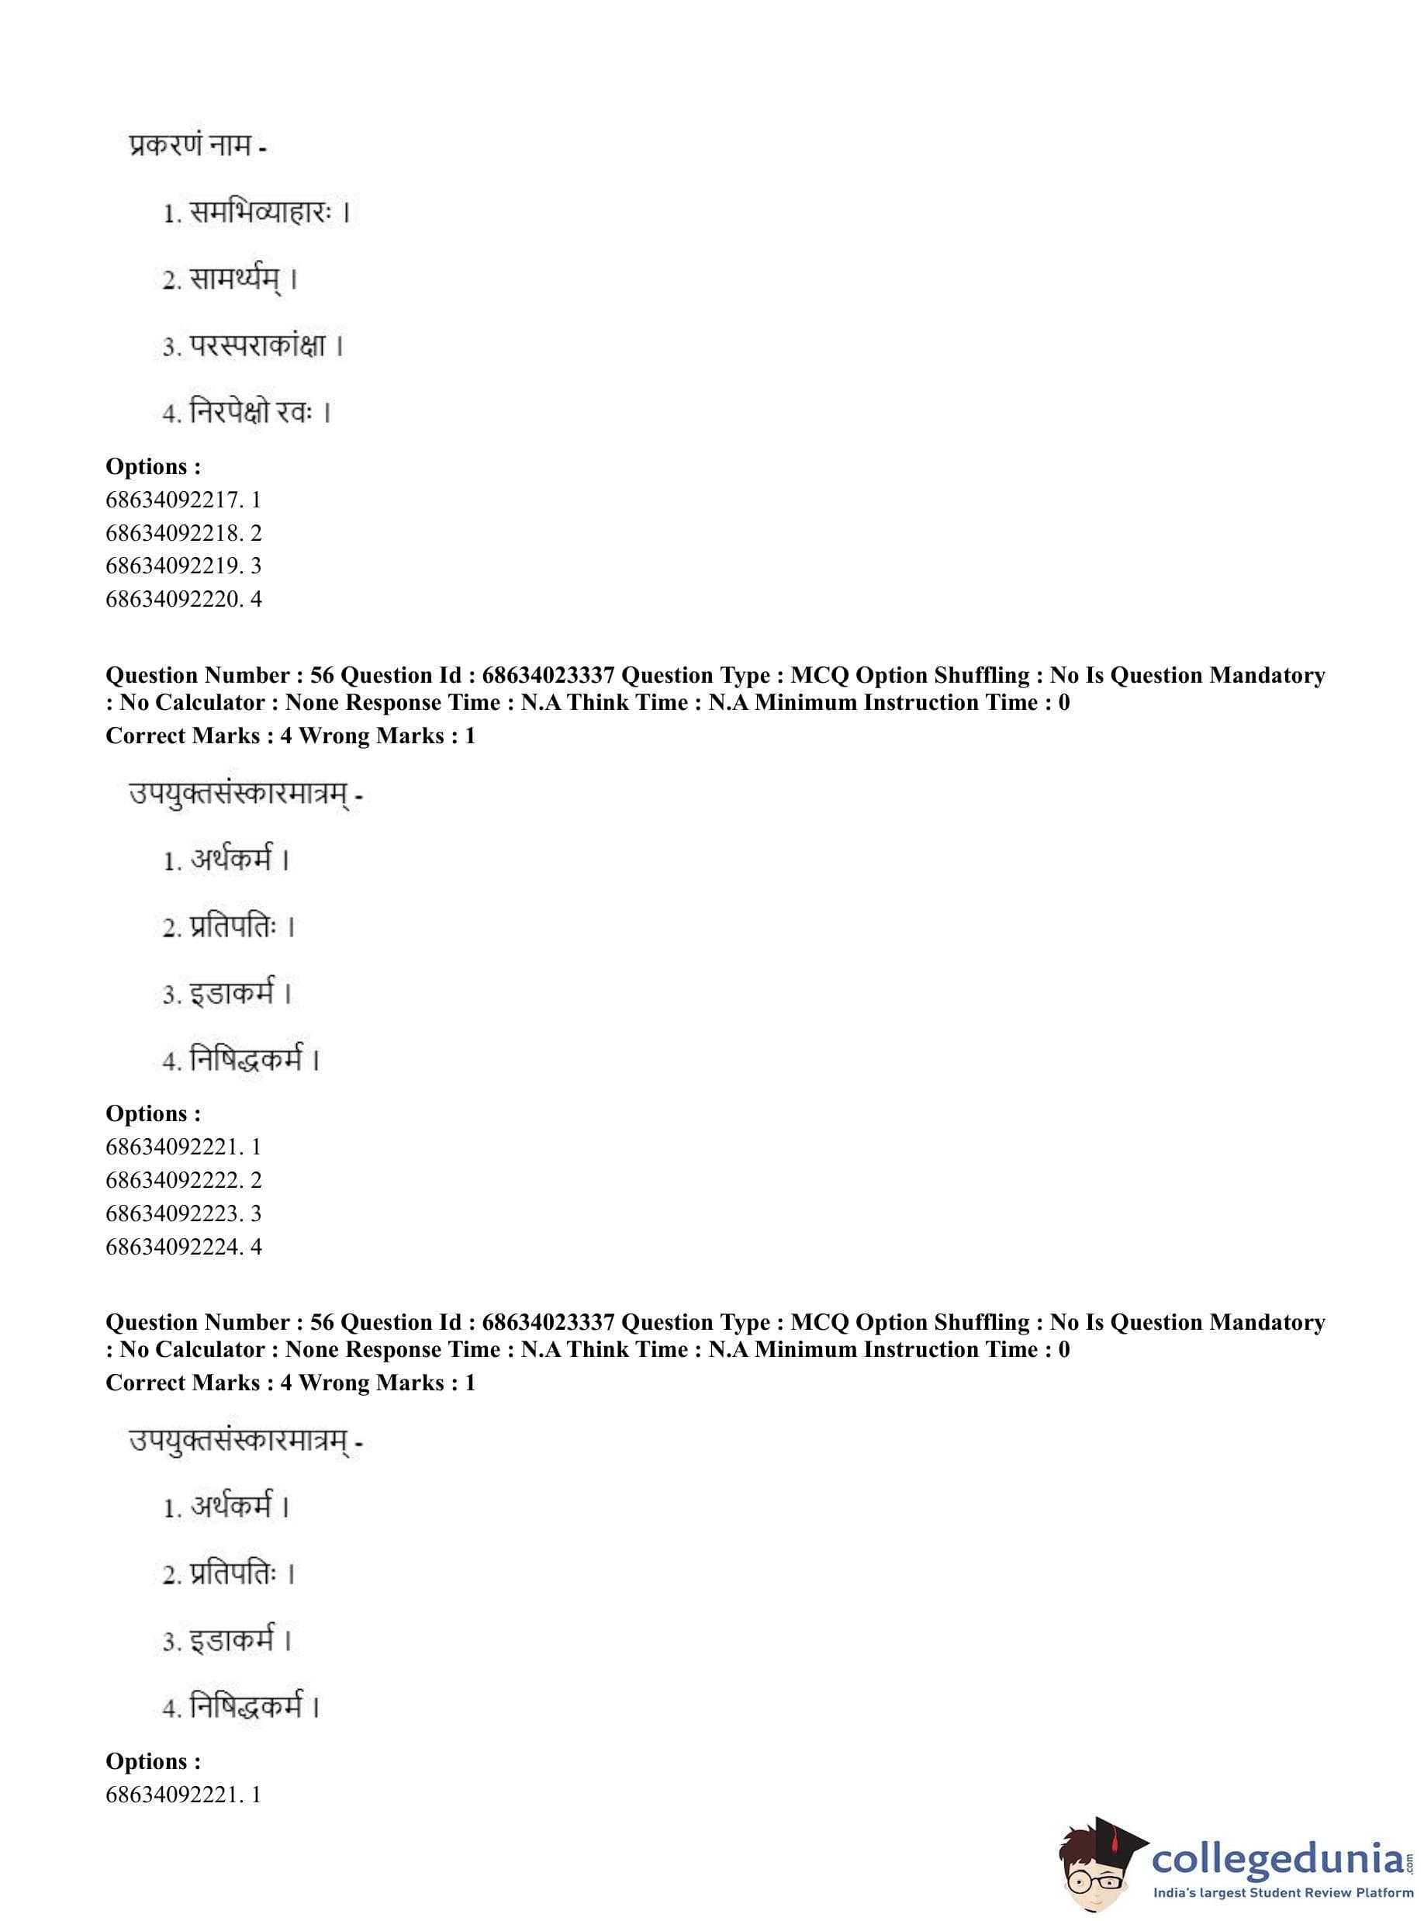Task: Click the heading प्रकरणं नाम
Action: pos(196,145)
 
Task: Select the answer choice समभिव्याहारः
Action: pos(258,212)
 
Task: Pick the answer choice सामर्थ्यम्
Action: pos(234,279)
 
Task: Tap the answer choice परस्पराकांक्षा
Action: pos(256,346)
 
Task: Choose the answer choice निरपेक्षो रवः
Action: pos(248,412)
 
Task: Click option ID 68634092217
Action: pos(183,499)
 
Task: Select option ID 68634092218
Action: pos(183,533)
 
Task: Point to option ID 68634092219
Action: pos(183,566)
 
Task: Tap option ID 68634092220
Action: pos(183,598)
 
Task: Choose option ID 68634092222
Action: pos(183,1179)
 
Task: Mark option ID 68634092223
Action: pos(183,1213)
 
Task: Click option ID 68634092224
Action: pos(183,1246)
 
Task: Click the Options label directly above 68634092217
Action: pos(153,466)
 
